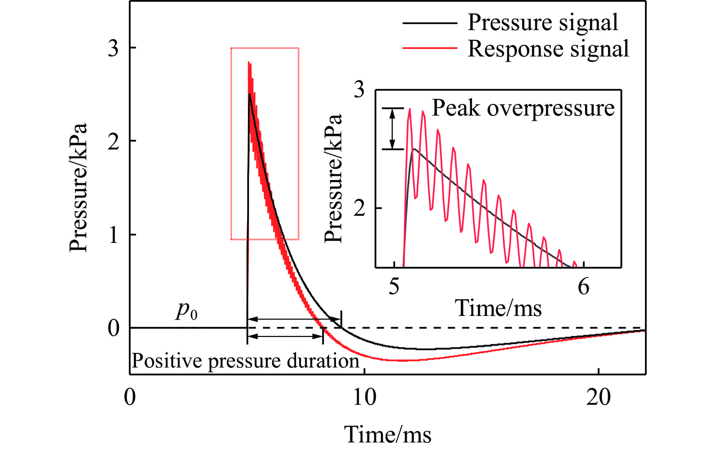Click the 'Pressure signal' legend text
click(542, 23)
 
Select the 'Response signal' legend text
click(548, 49)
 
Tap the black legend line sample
click(429, 23)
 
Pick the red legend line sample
click(429, 48)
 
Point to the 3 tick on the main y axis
click(113, 48)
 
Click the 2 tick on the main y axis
click(113, 142)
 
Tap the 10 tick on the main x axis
click(364, 397)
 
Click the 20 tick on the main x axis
click(598, 397)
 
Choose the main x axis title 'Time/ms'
click(388, 434)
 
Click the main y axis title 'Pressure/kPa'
click(78, 187)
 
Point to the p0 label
click(186, 311)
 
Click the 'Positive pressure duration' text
click(245, 361)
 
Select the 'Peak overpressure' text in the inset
click(523, 108)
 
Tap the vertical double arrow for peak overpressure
click(393, 129)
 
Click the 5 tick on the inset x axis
click(394, 287)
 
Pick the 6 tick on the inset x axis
click(584, 287)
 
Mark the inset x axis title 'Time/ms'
click(498, 308)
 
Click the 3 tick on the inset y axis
click(359, 90)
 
